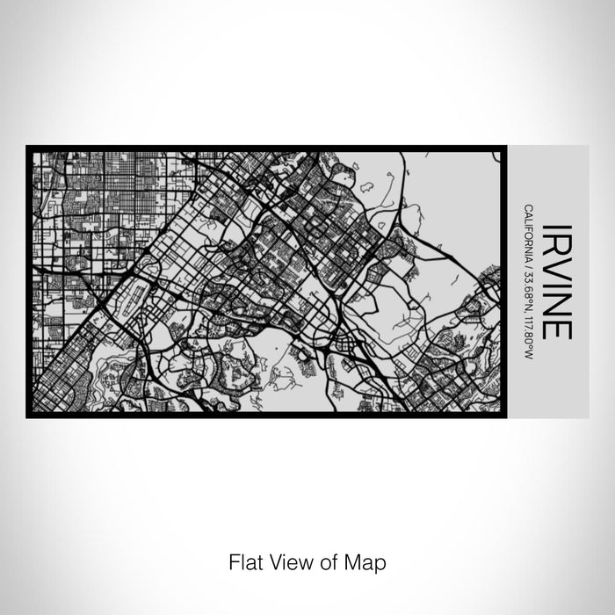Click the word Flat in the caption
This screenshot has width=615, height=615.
point(244,561)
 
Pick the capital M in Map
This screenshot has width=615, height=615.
point(355,561)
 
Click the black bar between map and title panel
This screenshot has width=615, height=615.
point(503,281)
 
